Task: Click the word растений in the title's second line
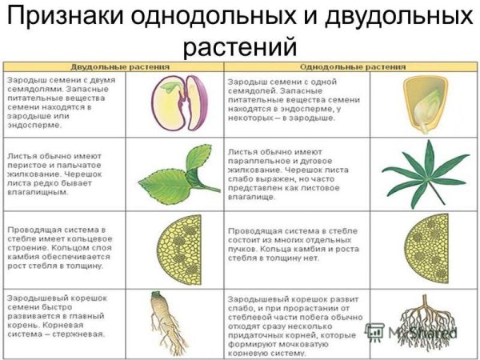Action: click(240, 46)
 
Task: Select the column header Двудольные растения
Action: click(117, 67)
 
